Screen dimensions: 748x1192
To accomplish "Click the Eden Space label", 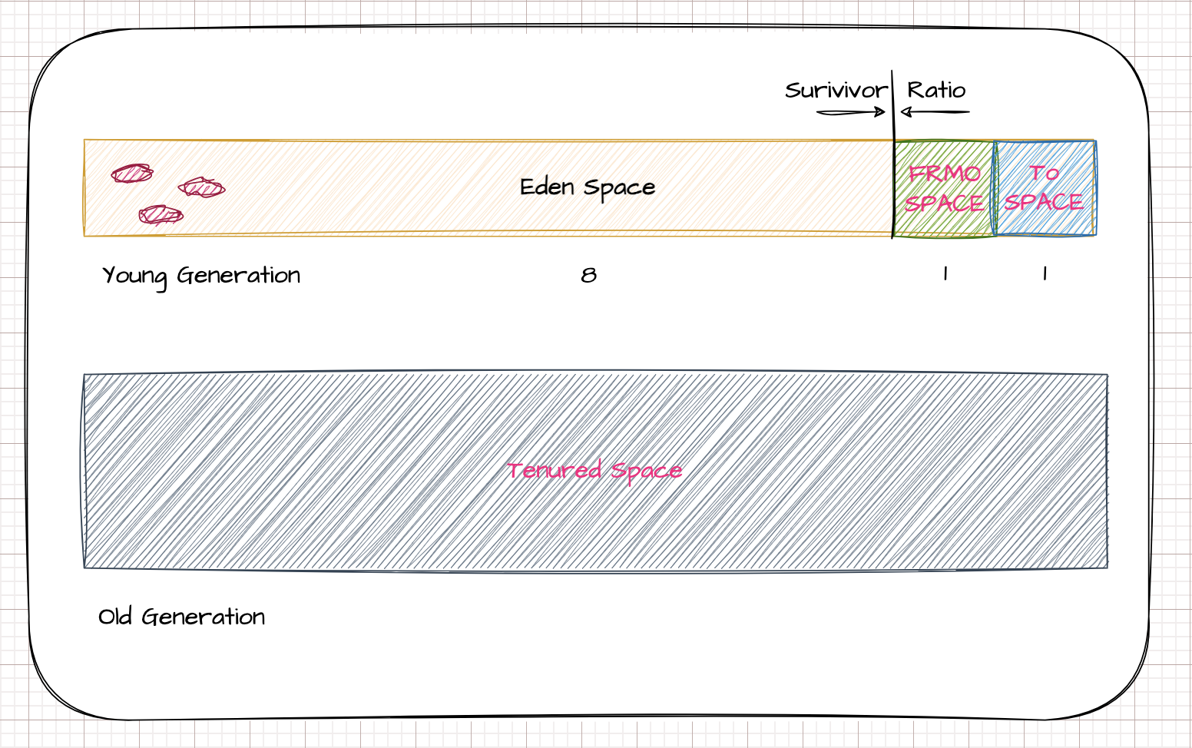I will coord(588,187).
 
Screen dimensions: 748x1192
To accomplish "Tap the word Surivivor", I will coord(836,91).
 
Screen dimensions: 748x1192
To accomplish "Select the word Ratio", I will coord(936,91).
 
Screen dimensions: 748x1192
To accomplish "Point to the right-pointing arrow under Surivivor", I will coord(851,113).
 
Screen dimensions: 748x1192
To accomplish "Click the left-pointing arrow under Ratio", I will coord(935,113).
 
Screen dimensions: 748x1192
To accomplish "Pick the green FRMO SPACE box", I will coord(945,188).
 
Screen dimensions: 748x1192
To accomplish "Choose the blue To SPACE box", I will coord(1045,188).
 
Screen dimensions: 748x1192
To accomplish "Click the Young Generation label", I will coord(201,276).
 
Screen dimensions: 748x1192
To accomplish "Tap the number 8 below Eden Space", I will coord(588,275).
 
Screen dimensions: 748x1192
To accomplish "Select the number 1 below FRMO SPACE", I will coord(945,273).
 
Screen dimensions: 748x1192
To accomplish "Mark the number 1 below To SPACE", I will coord(1045,273).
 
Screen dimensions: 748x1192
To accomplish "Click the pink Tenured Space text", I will coord(594,470).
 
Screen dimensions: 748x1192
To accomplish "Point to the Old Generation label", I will coord(182,617).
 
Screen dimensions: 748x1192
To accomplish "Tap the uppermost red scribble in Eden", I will coord(131,174).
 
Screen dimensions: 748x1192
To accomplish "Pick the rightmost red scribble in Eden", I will coord(201,187).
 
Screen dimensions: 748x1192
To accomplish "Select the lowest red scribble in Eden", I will coord(161,214).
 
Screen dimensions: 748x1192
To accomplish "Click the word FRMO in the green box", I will coord(945,174).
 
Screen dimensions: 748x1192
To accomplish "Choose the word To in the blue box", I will coord(1045,174).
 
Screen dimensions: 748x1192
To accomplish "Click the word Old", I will coord(116,617).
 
